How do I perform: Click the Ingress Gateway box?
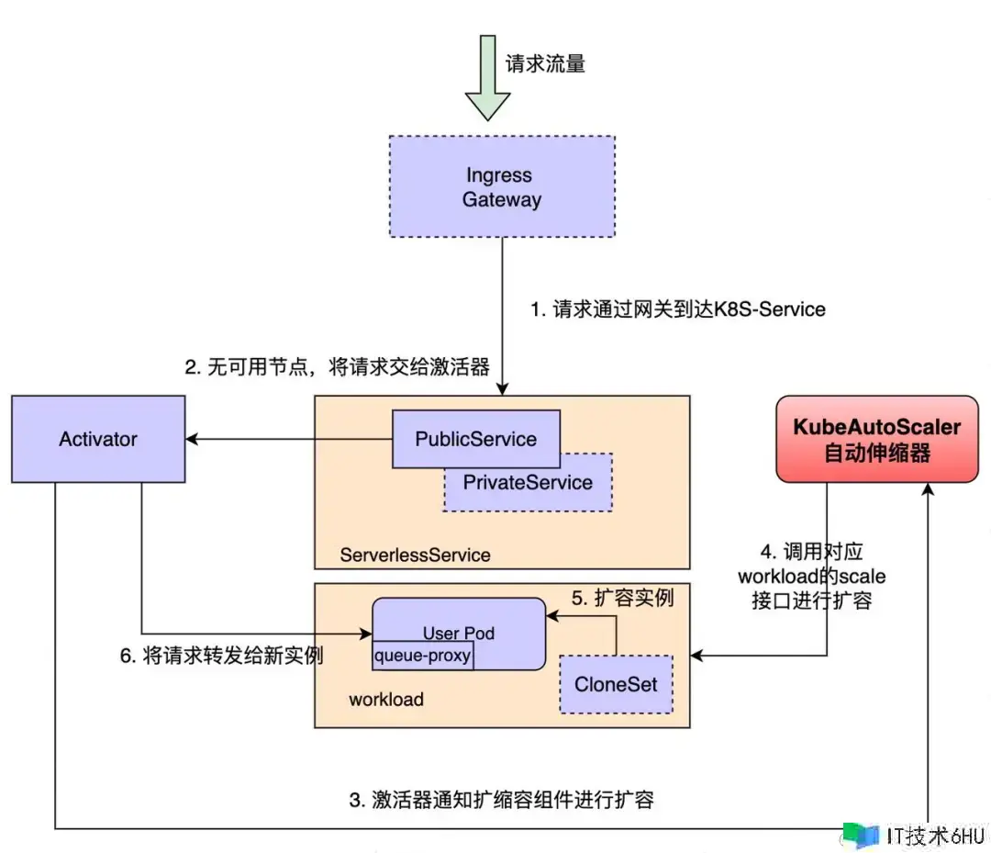(x=502, y=187)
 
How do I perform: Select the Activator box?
(x=98, y=439)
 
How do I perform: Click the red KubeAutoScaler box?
(x=877, y=439)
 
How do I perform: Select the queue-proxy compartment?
(x=422, y=655)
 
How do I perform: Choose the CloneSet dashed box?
(x=616, y=684)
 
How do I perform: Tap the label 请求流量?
(x=545, y=63)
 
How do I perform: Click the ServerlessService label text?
(x=415, y=555)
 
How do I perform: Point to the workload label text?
(x=386, y=700)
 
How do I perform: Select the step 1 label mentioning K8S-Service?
(x=678, y=309)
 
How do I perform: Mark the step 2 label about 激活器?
(x=337, y=367)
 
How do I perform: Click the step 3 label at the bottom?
(x=502, y=799)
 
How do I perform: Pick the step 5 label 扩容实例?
(x=623, y=598)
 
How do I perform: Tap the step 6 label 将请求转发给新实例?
(x=222, y=656)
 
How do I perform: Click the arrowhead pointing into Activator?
(x=194, y=439)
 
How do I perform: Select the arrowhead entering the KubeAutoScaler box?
(x=932, y=491)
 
